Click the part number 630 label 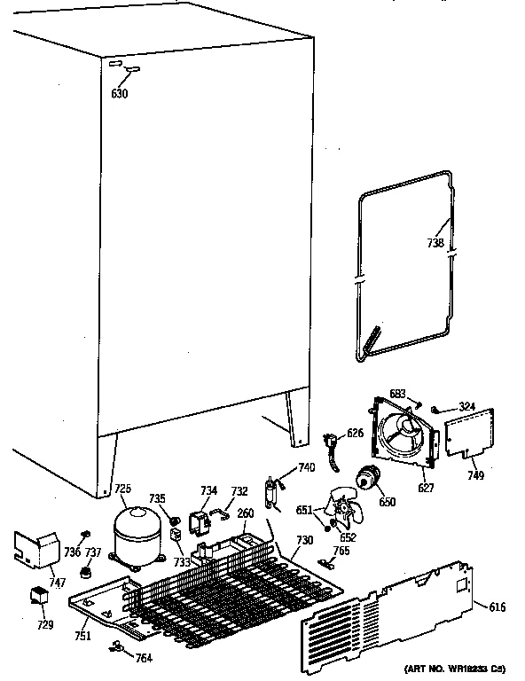(x=120, y=94)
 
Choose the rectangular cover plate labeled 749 (x=467, y=435)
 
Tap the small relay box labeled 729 (x=39, y=596)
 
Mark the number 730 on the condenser (x=304, y=541)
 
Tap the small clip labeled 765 (x=326, y=561)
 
